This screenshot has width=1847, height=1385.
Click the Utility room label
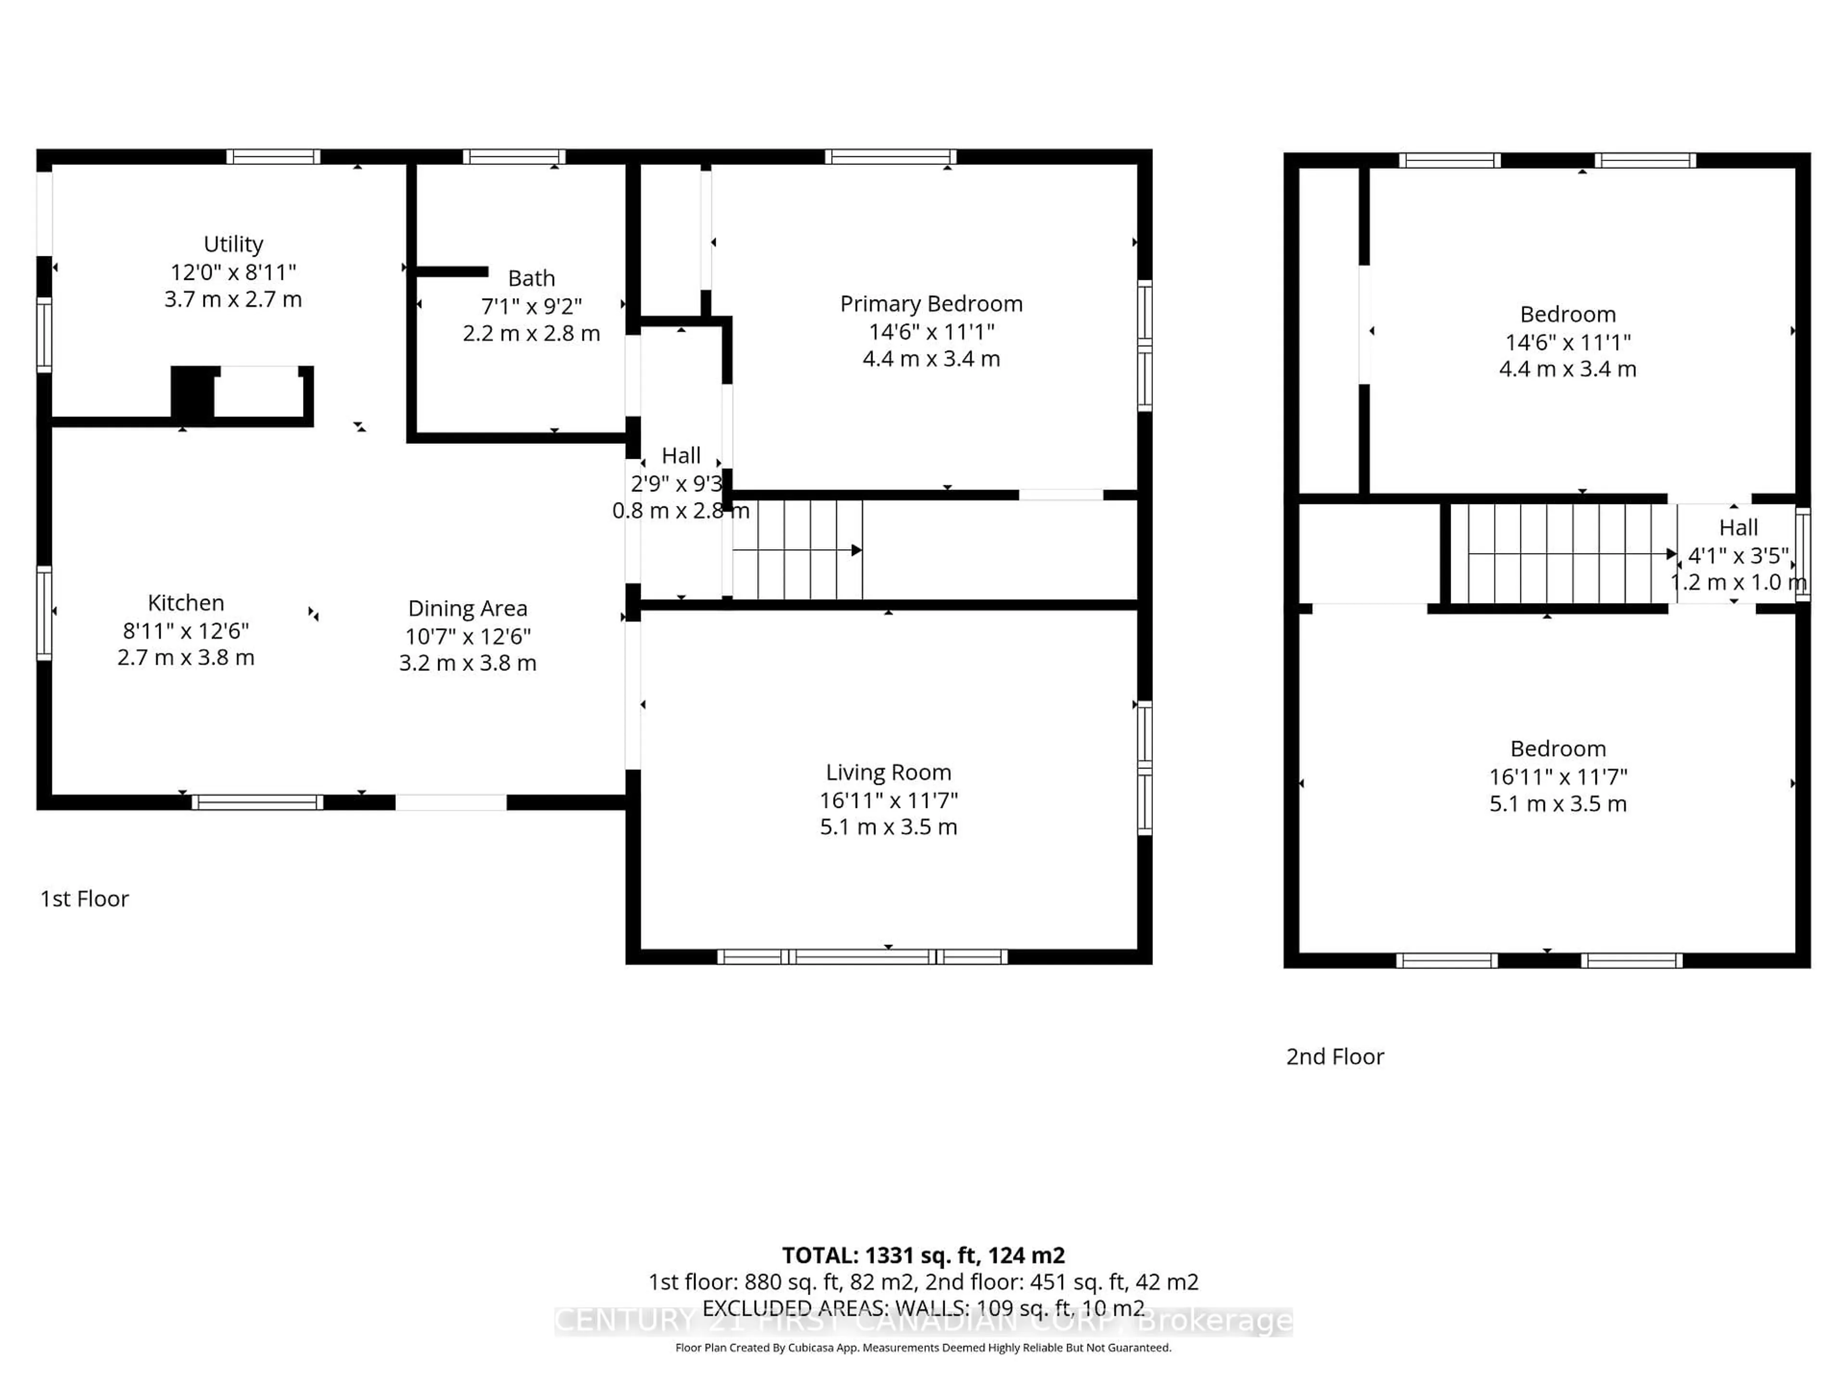click(233, 244)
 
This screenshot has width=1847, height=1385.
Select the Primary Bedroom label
click(931, 304)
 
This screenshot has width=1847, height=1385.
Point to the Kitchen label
click(185, 603)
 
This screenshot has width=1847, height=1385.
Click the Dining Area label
click(468, 609)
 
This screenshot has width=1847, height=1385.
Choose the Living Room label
click(888, 772)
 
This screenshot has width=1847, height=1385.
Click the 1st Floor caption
click(84, 899)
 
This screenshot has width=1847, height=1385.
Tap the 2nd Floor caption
click(1334, 1057)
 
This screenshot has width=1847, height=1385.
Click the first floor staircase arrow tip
click(858, 550)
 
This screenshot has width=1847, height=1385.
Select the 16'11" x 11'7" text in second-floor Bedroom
click(1558, 776)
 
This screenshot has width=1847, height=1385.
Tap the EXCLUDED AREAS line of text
click(923, 1308)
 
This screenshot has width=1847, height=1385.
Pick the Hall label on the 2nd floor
click(1738, 528)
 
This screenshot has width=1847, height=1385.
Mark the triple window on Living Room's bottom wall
click(862, 957)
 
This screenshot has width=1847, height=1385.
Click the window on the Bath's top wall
click(514, 157)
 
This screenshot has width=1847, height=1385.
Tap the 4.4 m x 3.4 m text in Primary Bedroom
click(931, 359)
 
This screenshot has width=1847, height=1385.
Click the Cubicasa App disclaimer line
click(923, 1347)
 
